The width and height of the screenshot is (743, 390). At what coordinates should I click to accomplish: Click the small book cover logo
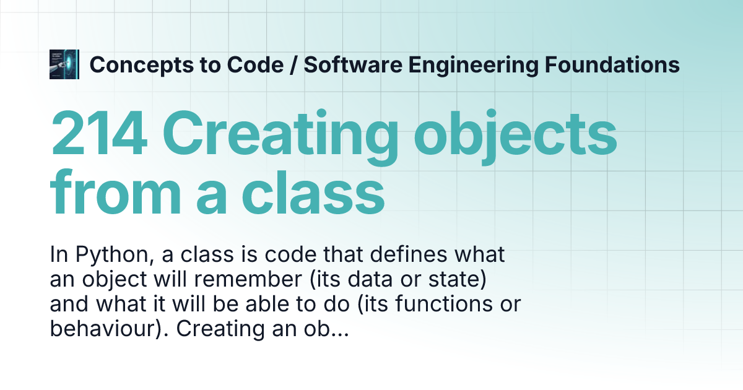64,64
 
